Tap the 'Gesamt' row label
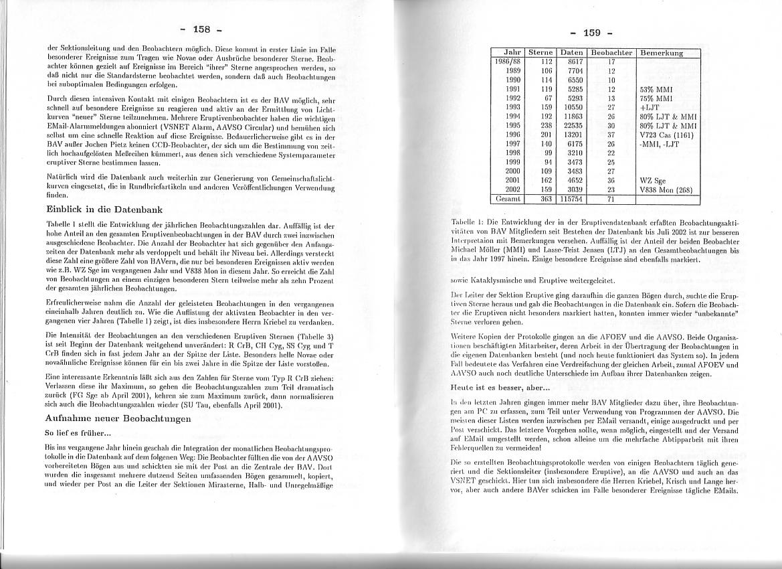tap(508, 199)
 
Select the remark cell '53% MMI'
tap(656, 89)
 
